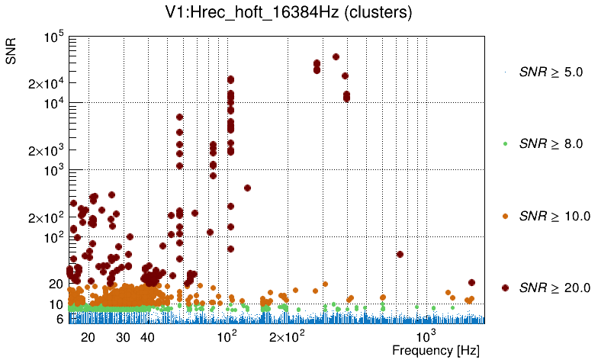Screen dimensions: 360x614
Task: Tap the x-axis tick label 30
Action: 124,337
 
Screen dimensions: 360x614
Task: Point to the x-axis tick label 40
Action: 148,337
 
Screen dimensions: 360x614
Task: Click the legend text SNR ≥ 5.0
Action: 551,72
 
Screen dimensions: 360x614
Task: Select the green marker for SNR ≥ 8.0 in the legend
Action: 505,143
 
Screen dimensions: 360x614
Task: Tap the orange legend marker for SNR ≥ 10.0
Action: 505,216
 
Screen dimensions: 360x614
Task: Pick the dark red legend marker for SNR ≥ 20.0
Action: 505,288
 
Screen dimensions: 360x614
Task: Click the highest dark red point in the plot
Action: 336,57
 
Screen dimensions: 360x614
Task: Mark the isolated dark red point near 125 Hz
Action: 247,188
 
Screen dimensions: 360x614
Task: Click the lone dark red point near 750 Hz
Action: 400,255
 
